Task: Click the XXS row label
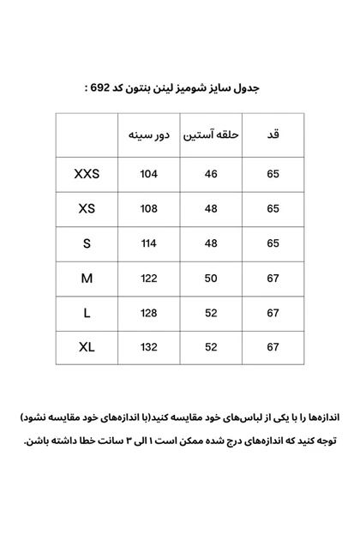coord(87,174)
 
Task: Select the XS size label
coord(87,209)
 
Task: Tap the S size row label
coord(87,243)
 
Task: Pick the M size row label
coord(87,279)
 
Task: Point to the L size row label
coord(87,313)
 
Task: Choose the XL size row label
coord(87,347)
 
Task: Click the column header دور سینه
coord(149,135)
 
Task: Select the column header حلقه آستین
coord(211,135)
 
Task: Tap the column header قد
coord(273,135)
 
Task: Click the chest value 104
coord(149,175)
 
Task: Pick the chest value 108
coord(149,209)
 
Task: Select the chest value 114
coord(149,243)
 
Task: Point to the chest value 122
coord(149,279)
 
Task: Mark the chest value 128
coord(149,313)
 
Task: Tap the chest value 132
coord(149,347)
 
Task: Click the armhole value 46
coord(211,175)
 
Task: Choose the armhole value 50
coord(211,279)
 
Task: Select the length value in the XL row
coord(273,347)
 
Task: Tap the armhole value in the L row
coord(211,313)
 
